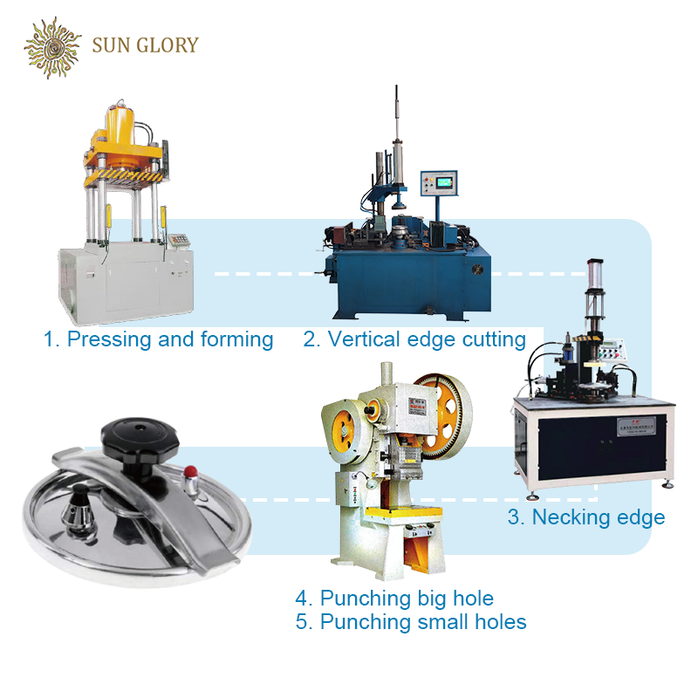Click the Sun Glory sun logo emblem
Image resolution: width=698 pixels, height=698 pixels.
tap(53, 46)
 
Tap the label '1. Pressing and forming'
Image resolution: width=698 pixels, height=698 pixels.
tap(159, 339)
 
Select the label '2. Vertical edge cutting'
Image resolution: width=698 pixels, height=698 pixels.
tap(414, 339)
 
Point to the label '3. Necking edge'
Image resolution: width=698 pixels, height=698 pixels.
tap(586, 517)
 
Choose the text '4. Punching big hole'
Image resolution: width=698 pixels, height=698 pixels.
tap(394, 599)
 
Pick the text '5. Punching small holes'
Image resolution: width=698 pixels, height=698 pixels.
tap(411, 622)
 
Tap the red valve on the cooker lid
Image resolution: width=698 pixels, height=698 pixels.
tap(189, 472)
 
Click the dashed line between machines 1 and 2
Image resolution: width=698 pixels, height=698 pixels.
tap(262, 274)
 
